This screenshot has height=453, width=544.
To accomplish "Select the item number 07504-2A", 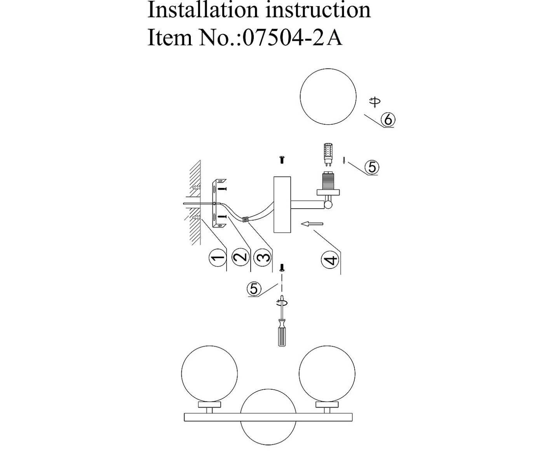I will (x=292, y=38).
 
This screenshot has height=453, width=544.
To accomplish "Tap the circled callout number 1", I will (x=217, y=257).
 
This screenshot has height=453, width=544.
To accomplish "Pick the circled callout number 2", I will (x=240, y=257).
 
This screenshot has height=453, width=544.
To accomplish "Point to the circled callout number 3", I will (x=262, y=257).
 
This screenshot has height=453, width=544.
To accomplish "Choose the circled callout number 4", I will (x=330, y=260).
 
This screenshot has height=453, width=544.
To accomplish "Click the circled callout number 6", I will (x=387, y=119).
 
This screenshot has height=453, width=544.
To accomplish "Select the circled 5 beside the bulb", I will (x=372, y=167).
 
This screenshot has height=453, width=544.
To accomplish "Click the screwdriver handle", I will (x=282, y=336).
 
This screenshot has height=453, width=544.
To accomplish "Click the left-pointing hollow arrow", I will (x=312, y=224).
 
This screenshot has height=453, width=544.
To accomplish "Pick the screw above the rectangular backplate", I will (x=282, y=159).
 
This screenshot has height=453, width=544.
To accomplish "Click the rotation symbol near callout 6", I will (x=375, y=102).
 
